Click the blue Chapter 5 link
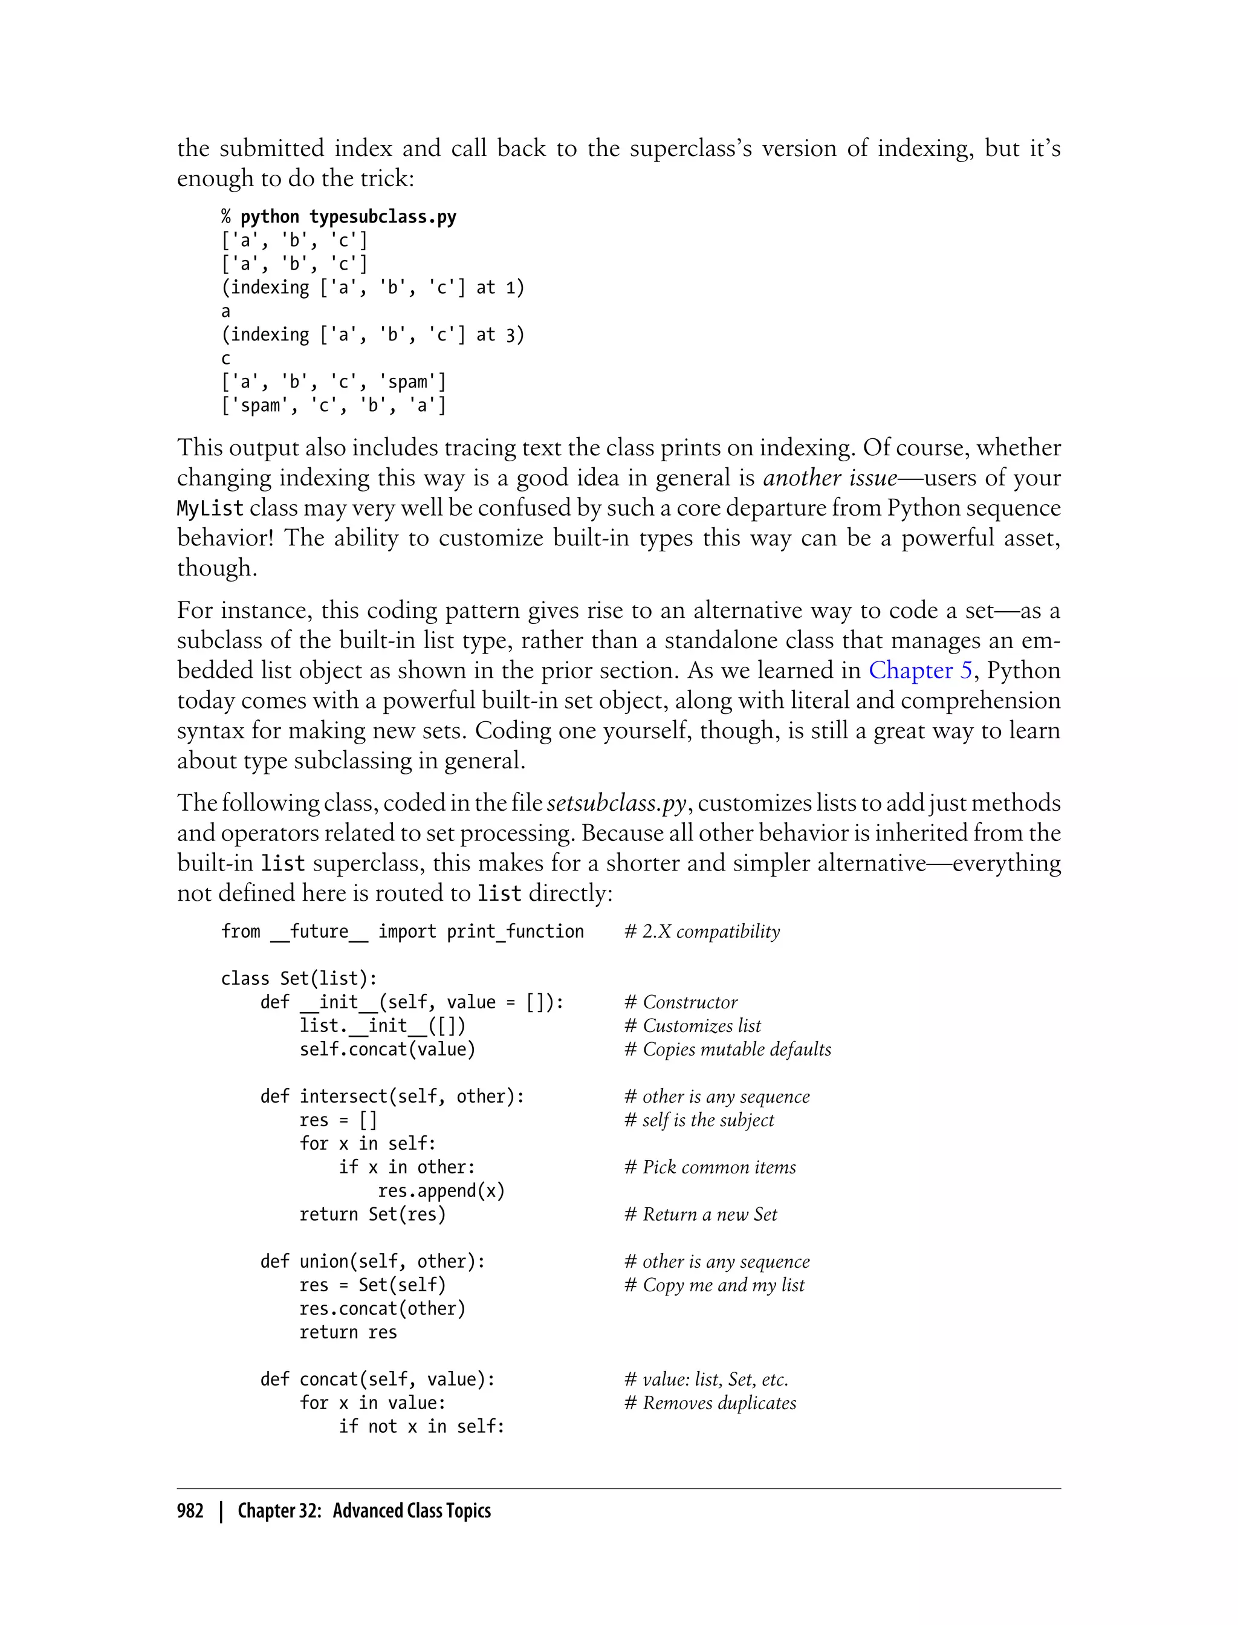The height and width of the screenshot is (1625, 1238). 921,670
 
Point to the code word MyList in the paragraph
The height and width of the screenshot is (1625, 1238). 210,508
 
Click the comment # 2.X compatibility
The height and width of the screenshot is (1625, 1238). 702,932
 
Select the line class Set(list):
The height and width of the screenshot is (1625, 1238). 299,978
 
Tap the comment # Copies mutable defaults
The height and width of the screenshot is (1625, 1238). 727,1049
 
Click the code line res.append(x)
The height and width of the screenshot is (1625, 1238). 441,1190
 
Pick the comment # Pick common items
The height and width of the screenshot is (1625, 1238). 710,1167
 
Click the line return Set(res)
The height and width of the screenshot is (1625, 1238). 372,1214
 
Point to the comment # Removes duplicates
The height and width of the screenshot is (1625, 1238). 710,1403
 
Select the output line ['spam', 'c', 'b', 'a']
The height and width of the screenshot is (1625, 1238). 334,405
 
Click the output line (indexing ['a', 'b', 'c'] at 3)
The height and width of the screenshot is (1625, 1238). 373,334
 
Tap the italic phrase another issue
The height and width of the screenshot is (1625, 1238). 830,478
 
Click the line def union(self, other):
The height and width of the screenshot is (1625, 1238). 372,1261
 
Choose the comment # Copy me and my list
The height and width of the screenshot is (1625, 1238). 714,1285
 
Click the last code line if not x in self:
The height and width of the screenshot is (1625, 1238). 421,1426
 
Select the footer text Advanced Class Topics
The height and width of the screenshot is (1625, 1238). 411,1510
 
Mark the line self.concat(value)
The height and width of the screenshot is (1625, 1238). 387,1049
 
